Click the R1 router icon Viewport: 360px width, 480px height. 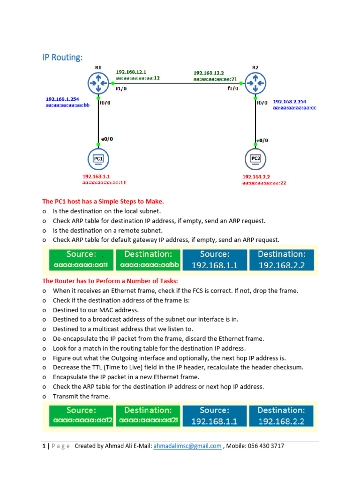point(98,83)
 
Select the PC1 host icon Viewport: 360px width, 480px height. point(98,159)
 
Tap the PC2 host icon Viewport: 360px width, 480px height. point(255,159)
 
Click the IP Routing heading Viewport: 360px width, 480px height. point(62,57)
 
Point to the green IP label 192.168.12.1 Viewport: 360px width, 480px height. point(131,72)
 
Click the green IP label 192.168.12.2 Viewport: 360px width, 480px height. point(209,73)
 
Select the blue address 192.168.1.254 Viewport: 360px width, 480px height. point(62,99)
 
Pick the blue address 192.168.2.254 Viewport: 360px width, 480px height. point(290,101)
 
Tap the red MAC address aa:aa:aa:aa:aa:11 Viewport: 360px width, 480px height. point(104,183)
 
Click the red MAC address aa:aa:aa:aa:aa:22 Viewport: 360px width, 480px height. point(264,183)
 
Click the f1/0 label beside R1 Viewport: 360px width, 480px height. point(121,88)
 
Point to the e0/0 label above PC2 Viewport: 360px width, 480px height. point(263,140)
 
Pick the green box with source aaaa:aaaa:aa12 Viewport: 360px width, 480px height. point(81,416)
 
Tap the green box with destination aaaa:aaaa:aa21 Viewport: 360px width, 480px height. point(149,416)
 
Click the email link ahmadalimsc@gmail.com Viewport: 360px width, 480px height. point(187,446)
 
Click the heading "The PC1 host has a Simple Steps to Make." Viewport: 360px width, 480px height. point(103,202)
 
